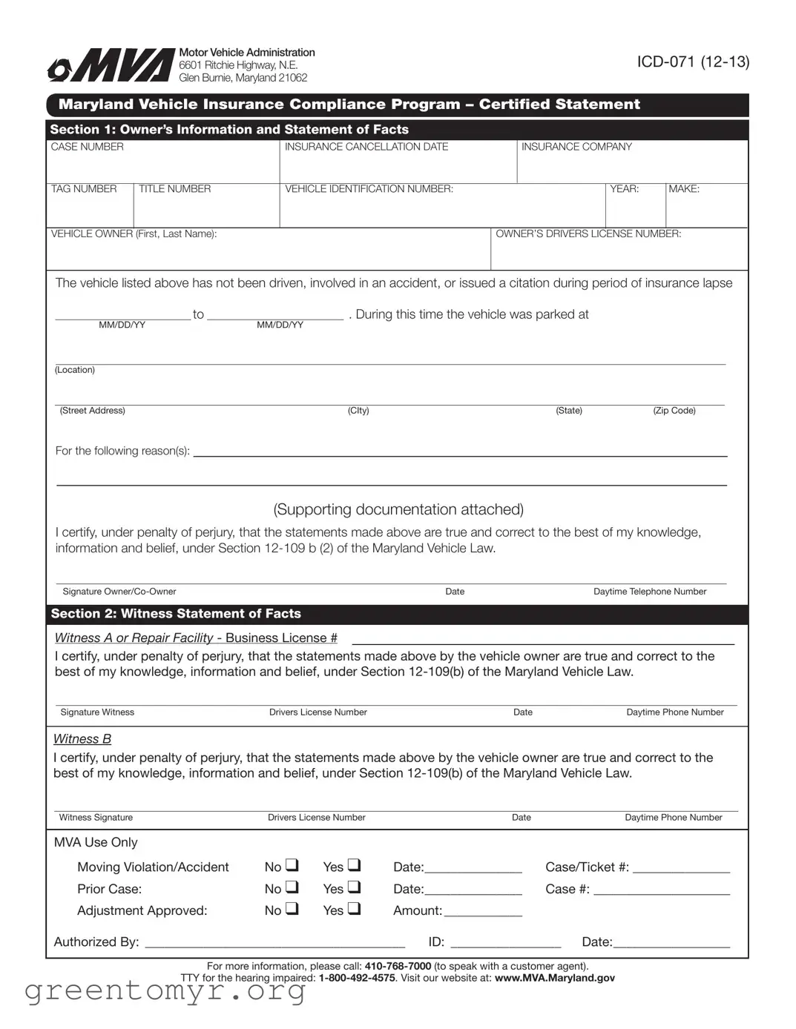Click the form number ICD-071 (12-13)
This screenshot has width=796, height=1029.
(x=693, y=62)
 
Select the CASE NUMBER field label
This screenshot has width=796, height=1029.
(x=87, y=147)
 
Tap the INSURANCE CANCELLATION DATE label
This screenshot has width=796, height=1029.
(x=366, y=147)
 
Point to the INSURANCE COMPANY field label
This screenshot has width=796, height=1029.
(x=576, y=147)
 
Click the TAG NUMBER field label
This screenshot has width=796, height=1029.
(x=84, y=189)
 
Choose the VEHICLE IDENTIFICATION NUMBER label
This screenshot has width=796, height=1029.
(x=369, y=189)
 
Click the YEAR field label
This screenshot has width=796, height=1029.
(x=624, y=189)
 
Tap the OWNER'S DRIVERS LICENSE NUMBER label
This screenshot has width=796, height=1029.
(x=588, y=234)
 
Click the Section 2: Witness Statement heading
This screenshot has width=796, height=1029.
(x=176, y=614)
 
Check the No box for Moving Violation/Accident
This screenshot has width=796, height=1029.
(x=292, y=865)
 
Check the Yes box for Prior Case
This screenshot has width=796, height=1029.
(x=354, y=887)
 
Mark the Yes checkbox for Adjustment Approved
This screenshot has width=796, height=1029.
(x=354, y=908)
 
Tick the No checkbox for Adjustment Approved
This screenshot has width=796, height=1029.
(x=292, y=908)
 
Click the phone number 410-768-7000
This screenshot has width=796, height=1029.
(x=398, y=966)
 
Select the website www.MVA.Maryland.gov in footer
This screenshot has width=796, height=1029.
(x=554, y=978)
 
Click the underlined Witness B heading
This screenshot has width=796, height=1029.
(x=82, y=739)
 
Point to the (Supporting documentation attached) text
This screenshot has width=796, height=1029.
(x=398, y=509)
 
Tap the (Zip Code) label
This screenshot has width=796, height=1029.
(x=674, y=411)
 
